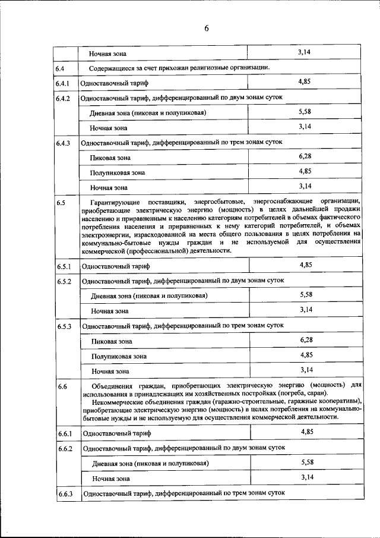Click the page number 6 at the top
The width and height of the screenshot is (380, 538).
click(x=206, y=29)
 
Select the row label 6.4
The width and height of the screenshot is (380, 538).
click(x=60, y=69)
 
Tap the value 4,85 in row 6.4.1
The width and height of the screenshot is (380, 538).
click(x=304, y=81)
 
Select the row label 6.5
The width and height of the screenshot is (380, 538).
click(x=61, y=203)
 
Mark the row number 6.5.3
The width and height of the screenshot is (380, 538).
click(x=64, y=327)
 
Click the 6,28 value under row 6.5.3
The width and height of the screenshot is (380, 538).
click(x=306, y=339)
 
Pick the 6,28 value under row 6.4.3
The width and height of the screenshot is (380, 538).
click(x=305, y=156)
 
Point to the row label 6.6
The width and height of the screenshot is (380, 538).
click(x=62, y=387)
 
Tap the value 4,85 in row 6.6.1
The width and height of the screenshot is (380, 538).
click(x=307, y=432)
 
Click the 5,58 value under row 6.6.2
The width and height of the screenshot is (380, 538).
click(x=307, y=462)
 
